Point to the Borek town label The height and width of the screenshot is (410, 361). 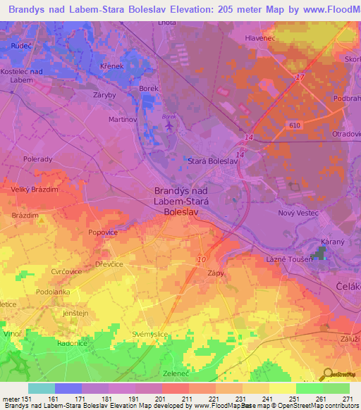tap(148, 88)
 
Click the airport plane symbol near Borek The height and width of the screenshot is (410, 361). tap(169, 125)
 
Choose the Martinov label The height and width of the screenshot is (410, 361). tap(123, 120)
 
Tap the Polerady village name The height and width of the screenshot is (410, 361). tap(37, 159)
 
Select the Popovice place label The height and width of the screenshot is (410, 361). tap(103, 231)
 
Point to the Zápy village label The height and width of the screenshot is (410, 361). tap(216, 272)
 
